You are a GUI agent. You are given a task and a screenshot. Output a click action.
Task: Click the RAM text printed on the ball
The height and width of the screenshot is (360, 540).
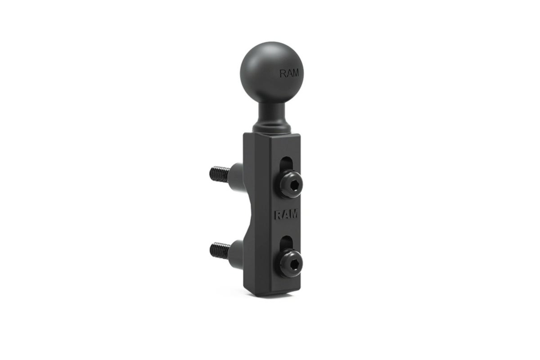point(289,73)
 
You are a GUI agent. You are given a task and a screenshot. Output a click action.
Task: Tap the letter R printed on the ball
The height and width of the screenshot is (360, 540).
point(283,73)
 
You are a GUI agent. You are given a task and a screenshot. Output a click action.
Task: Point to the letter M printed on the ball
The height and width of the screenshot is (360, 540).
point(295,73)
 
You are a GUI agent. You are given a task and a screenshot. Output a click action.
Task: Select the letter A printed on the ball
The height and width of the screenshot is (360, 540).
point(289,73)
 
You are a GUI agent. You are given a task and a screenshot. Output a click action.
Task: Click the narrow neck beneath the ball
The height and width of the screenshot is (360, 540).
point(271,115)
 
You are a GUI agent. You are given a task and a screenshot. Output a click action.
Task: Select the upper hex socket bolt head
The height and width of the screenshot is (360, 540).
point(291,184)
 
